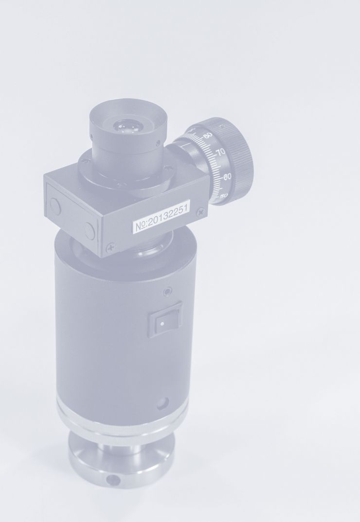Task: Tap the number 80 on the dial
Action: [x=208, y=135]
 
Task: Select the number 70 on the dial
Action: [x=220, y=153]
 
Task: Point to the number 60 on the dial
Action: [x=227, y=176]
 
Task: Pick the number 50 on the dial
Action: [x=224, y=196]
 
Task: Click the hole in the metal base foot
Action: [x=114, y=480]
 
